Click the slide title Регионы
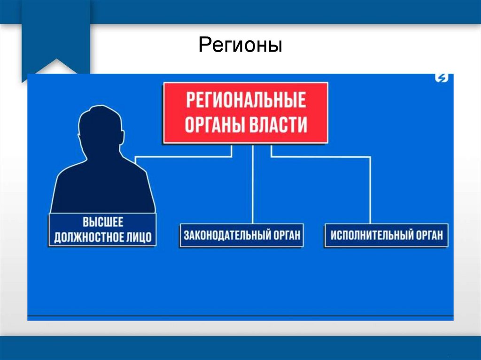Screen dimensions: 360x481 [240, 46]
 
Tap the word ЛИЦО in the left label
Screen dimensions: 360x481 [140, 237]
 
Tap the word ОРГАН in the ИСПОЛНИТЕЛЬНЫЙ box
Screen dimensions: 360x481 [428, 235]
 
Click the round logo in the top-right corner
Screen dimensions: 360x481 [442, 78]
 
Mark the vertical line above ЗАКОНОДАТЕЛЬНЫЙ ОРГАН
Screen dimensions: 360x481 [253, 188]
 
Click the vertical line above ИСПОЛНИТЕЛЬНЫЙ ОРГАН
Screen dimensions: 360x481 [370, 192]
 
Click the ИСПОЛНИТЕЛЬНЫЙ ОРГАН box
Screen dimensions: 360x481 [386, 235]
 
